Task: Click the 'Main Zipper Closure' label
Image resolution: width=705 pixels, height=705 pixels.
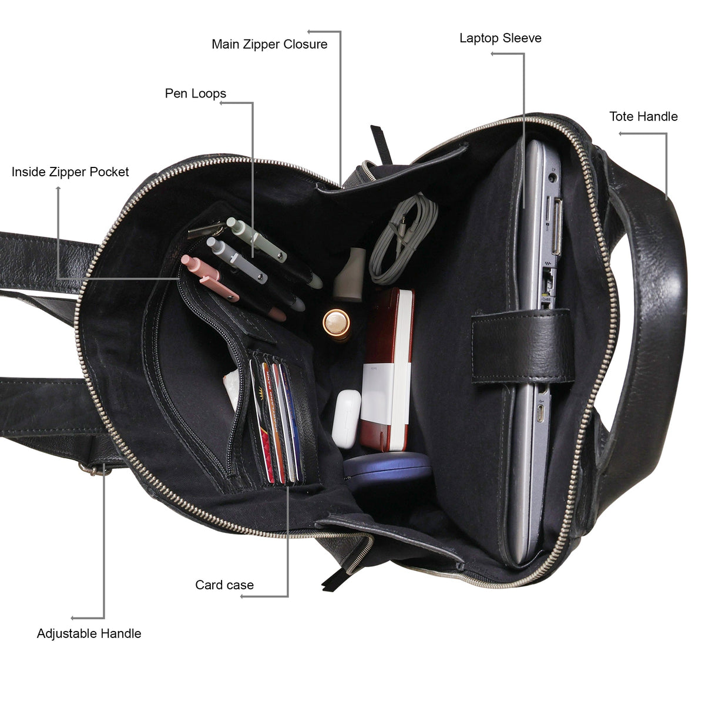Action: pyautogui.click(x=269, y=44)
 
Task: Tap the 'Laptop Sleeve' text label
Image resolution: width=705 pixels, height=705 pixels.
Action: pyautogui.click(x=500, y=38)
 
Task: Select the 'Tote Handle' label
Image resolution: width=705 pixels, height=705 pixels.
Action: pyautogui.click(x=643, y=116)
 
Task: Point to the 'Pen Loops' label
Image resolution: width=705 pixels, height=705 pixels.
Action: pyautogui.click(x=196, y=93)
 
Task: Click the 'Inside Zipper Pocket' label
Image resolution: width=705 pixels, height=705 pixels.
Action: pyautogui.click(x=70, y=172)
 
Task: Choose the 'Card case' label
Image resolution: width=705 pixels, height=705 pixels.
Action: pyautogui.click(x=224, y=585)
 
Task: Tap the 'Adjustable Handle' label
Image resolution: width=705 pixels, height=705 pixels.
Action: pyautogui.click(x=89, y=633)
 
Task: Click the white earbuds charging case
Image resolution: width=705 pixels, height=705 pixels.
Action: pyautogui.click(x=346, y=419)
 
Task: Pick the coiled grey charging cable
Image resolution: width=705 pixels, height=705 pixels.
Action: pyautogui.click(x=402, y=240)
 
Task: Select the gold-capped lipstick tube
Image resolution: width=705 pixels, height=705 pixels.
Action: pyautogui.click(x=337, y=323)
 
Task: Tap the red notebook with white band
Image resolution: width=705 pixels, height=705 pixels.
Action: pyautogui.click(x=387, y=370)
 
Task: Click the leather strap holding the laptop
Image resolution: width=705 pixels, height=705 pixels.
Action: pyautogui.click(x=522, y=345)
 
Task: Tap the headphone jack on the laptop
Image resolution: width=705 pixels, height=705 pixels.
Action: pyautogui.click(x=553, y=178)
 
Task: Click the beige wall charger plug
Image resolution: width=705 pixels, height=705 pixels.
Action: pyautogui.click(x=350, y=274)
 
